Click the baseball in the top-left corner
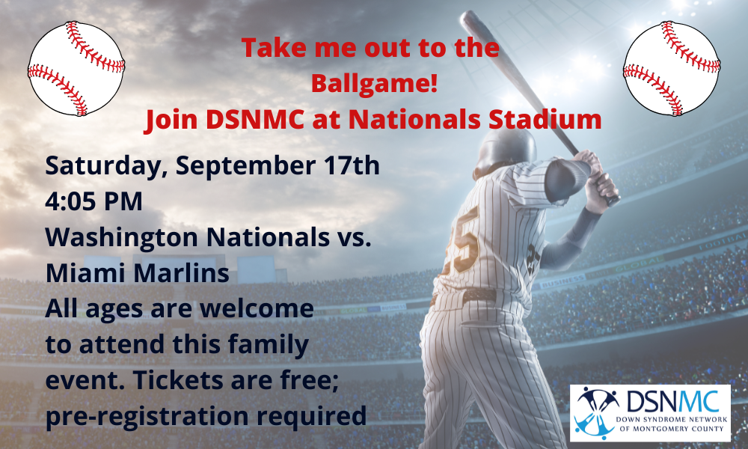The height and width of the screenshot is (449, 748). tap(76, 69)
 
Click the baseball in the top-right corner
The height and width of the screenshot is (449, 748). tap(672, 69)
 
